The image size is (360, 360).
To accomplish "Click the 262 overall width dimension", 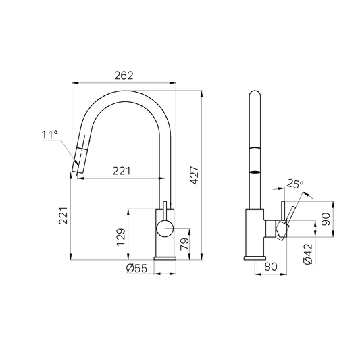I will [124, 75].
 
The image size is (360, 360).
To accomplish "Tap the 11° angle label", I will [49, 135].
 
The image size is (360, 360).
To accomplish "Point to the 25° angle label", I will [294, 183].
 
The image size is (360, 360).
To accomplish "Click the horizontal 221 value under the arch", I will [122, 171].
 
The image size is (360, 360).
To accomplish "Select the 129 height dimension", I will [121, 235].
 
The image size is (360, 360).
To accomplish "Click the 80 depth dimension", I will [270, 267].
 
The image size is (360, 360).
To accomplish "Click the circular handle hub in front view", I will [164, 228].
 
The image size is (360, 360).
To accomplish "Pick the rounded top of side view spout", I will [255, 94].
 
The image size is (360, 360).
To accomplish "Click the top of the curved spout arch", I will [125, 92].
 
